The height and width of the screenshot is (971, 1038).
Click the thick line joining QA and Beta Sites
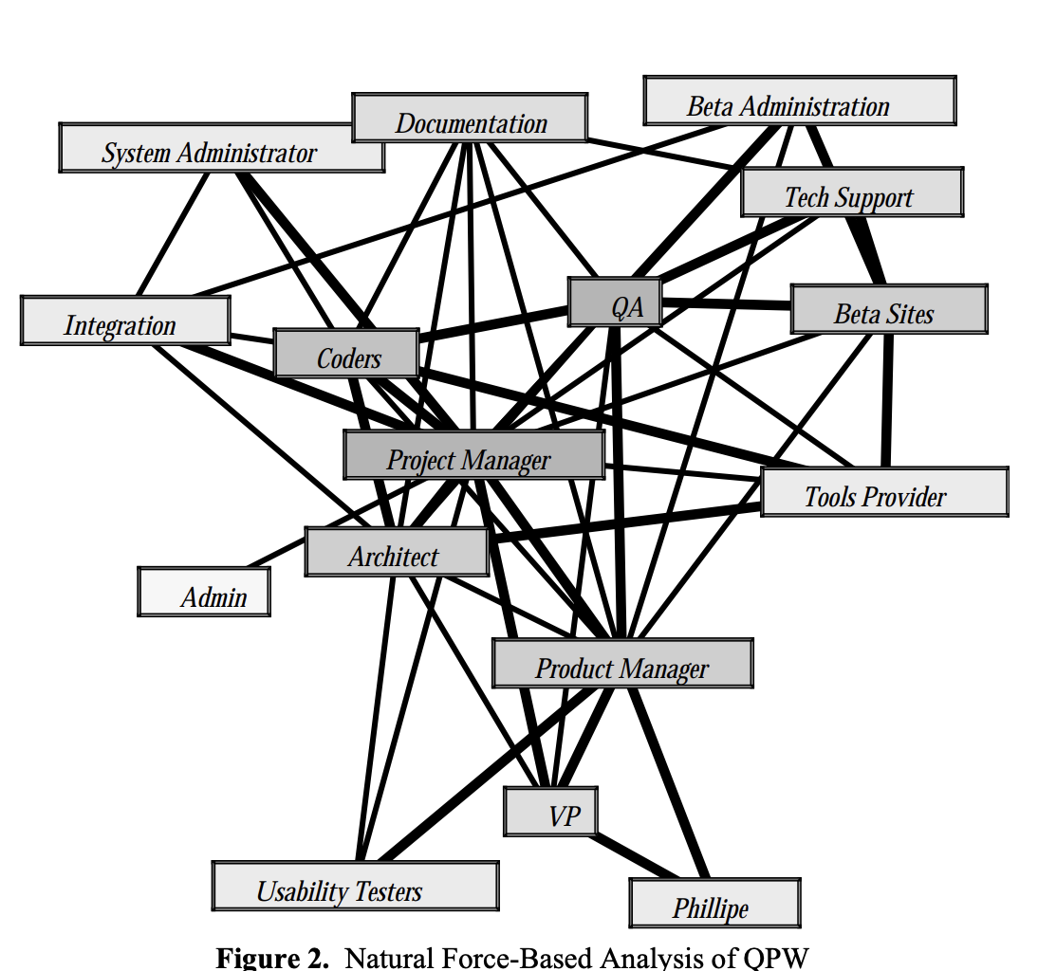click(726, 305)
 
